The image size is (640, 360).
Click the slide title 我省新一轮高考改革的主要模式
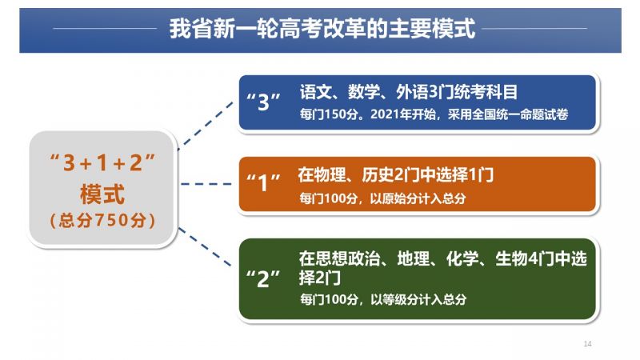[322, 29]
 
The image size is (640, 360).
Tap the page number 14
[587, 344]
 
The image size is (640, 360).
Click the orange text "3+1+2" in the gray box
[102, 162]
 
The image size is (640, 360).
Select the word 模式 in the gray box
[102, 194]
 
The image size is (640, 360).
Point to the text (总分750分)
[102, 220]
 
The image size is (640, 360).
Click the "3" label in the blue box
[263, 102]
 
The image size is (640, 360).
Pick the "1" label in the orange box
[263, 182]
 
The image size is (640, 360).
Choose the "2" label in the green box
[263, 279]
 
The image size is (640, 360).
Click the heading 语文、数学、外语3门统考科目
[409, 92]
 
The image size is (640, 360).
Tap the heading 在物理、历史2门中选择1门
[395, 175]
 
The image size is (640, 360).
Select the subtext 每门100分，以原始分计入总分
[382, 198]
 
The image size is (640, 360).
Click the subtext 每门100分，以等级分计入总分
[383, 299]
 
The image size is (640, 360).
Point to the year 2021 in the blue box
[385, 114]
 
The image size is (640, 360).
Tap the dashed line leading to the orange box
[206, 184]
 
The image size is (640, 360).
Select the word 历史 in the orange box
[378, 175]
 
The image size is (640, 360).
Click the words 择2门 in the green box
[319, 278]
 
